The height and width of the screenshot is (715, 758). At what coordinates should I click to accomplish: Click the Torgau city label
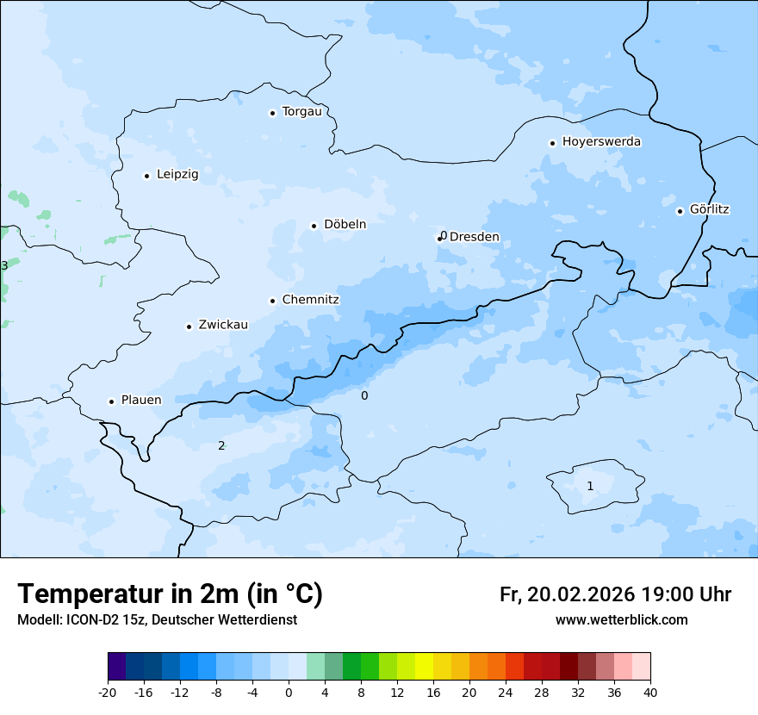(x=301, y=112)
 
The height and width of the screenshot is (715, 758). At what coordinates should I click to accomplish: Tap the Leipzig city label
(x=177, y=175)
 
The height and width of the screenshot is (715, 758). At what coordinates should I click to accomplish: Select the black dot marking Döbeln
(x=314, y=226)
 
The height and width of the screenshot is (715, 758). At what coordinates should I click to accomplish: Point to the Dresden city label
(x=475, y=237)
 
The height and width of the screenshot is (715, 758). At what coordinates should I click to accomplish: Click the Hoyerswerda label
(x=601, y=142)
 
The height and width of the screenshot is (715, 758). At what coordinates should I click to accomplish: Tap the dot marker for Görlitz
(x=680, y=211)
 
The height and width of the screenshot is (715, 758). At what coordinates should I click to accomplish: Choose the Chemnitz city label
(x=310, y=301)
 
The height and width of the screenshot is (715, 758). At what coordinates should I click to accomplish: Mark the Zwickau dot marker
(x=189, y=326)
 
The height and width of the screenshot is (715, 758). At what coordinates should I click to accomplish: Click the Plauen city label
(x=140, y=401)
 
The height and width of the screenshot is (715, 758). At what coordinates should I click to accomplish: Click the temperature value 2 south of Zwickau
(x=221, y=445)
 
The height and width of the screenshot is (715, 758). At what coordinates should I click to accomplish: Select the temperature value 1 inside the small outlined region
(x=590, y=486)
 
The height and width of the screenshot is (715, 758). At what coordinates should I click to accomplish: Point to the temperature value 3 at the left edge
(x=4, y=265)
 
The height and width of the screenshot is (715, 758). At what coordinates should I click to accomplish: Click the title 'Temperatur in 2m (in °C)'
(x=171, y=594)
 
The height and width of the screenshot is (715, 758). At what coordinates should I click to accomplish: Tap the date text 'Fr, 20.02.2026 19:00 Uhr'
(x=615, y=595)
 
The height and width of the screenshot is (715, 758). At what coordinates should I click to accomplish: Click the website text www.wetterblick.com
(x=621, y=620)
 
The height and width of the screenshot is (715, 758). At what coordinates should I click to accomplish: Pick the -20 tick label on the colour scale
(x=108, y=692)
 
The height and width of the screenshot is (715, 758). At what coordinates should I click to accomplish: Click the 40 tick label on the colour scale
(x=650, y=692)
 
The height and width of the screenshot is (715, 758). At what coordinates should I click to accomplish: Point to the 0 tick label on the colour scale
(x=289, y=692)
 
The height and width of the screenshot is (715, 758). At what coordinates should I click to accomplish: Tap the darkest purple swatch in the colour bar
(x=117, y=667)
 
